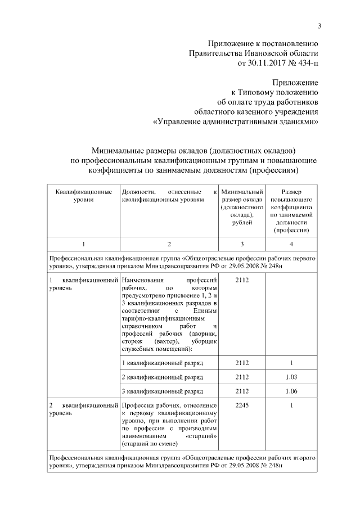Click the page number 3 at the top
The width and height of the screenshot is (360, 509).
click(319, 25)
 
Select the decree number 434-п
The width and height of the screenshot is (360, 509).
click(305, 63)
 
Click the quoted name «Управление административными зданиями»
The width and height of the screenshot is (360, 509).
click(236, 121)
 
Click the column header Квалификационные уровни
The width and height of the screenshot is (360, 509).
click(83, 196)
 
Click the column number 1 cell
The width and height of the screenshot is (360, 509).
click(83, 244)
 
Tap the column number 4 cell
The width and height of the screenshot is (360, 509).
click(291, 244)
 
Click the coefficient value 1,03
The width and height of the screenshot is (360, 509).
click(291, 376)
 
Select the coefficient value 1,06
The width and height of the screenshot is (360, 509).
click(291, 391)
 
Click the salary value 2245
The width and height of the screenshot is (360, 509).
click(242, 405)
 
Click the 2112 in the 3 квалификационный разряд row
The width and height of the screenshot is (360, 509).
click(242, 391)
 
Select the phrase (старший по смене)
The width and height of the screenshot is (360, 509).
click(148, 444)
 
